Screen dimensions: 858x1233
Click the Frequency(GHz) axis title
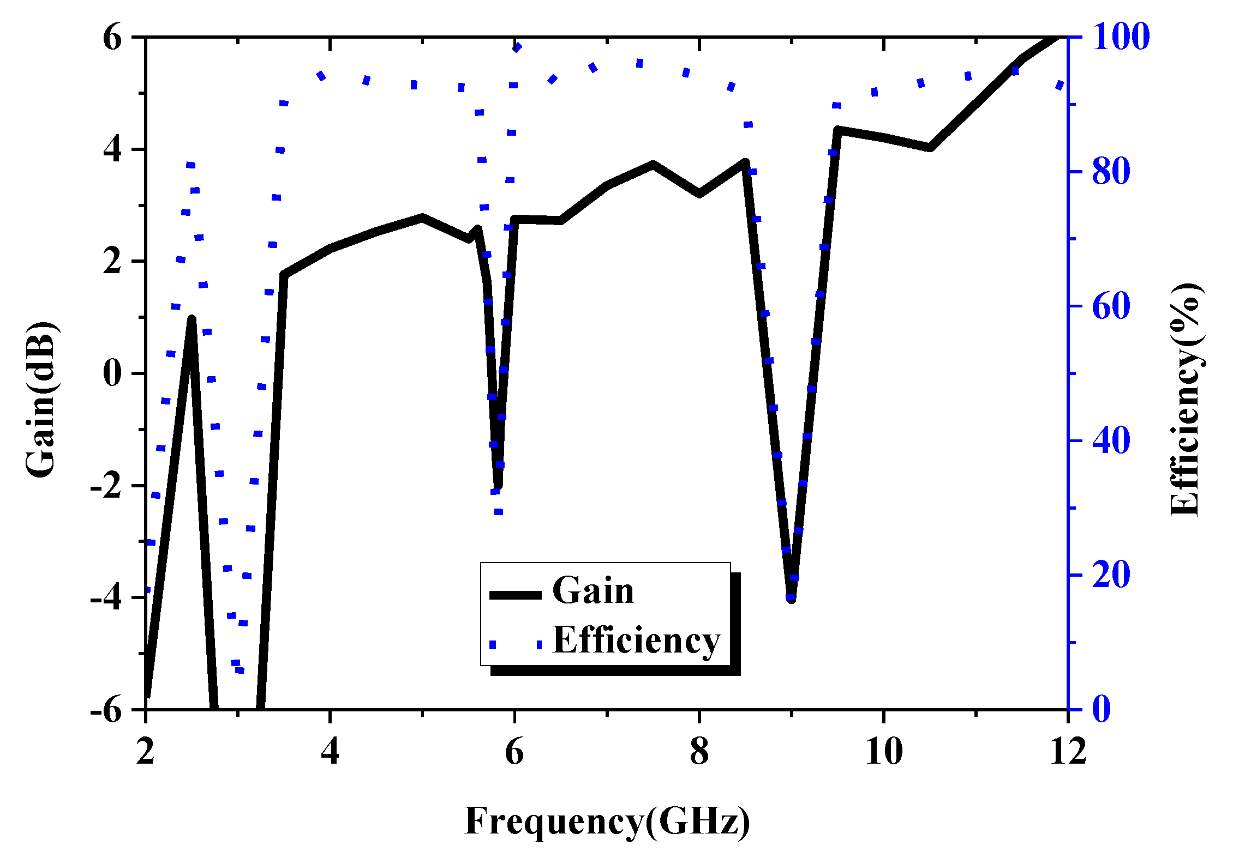tap(607, 821)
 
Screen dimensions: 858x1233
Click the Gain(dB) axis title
tap(41, 400)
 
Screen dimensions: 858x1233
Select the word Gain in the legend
tap(593, 590)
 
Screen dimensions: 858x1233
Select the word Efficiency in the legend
tap(636, 640)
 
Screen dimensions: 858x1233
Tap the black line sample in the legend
tap(515, 595)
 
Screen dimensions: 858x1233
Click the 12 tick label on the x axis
tap(1068, 752)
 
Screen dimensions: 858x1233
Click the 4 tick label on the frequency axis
tap(330, 752)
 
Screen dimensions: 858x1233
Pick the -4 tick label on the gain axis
tap(107, 598)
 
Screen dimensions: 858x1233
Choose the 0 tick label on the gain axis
tap(112, 373)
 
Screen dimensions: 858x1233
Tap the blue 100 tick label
tap(1121, 37)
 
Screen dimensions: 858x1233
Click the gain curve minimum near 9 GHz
tap(791, 599)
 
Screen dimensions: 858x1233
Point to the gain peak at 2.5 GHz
tap(191, 319)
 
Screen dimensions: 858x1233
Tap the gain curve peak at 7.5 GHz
tap(653, 165)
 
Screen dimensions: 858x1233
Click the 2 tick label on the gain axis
tap(112, 261)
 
